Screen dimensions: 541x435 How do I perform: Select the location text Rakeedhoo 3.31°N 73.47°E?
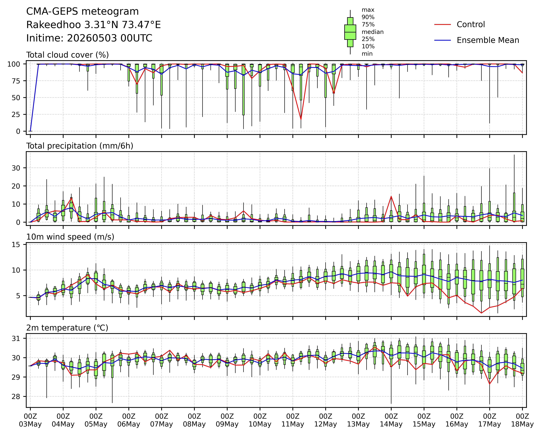pos(94,25)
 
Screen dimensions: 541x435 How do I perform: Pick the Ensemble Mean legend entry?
pos(477,40)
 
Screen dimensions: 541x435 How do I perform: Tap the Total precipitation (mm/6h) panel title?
pos(80,146)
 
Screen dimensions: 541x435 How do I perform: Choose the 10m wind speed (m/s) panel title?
pos(70,237)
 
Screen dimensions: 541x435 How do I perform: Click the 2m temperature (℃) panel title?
pos(67,328)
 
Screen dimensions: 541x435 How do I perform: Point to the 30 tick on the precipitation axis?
pos(16,168)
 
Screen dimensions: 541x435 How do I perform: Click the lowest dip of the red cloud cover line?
pos(301,120)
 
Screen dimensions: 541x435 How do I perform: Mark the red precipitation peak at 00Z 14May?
pos(391,196)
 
